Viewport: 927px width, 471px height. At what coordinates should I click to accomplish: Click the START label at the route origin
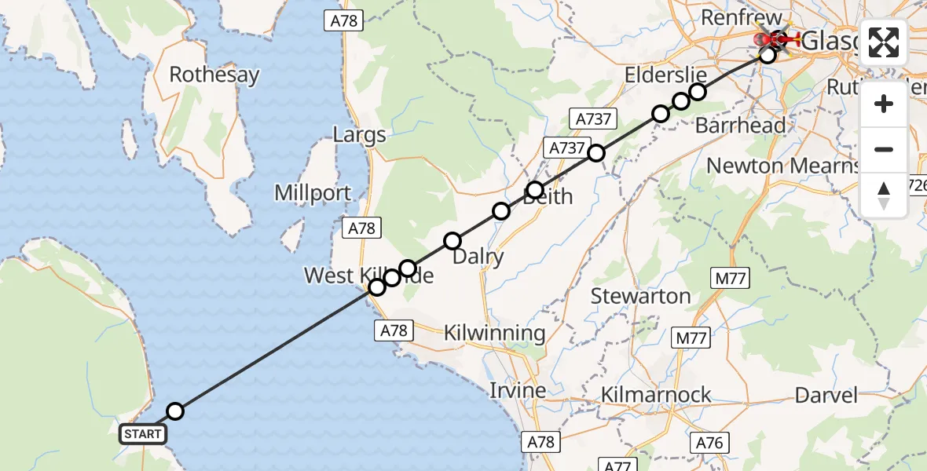point(142,433)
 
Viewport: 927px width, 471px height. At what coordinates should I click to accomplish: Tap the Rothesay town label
point(214,75)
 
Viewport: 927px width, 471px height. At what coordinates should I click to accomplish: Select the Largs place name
point(359,134)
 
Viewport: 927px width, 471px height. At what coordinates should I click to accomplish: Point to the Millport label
point(313,193)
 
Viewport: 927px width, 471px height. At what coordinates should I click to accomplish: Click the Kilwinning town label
point(494,333)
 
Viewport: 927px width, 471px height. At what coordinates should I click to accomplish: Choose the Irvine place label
point(518,390)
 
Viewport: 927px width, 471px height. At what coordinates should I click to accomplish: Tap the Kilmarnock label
point(656,394)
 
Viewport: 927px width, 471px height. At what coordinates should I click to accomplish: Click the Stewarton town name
point(640,296)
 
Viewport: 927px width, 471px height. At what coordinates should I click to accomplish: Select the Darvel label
point(826,394)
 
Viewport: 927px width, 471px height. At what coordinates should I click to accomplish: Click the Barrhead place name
point(741,126)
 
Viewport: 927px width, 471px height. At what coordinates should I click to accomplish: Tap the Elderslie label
point(665,75)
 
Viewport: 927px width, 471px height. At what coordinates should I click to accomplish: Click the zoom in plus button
point(884,104)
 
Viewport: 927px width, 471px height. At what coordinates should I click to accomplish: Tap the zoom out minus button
point(884,149)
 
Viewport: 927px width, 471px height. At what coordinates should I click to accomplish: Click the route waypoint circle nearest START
point(175,411)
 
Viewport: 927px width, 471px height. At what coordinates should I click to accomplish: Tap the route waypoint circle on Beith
point(535,190)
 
